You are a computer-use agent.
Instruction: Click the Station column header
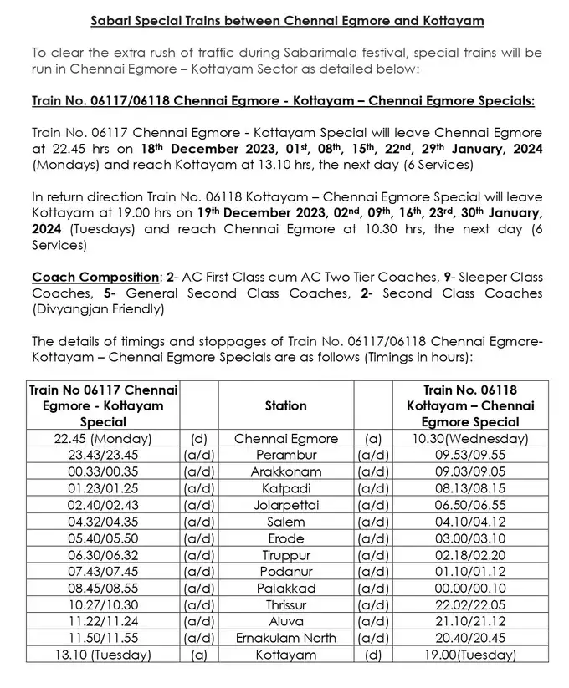pyautogui.click(x=285, y=405)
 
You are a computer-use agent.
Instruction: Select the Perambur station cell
pyautogui.click(x=285, y=456)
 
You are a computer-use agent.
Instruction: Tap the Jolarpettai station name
pyautogui.click(x=285, y=506)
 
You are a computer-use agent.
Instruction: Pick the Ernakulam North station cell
pyautogui.click(x=285, y=639)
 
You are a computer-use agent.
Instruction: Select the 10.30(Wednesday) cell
pyautogui.click(x=470, y=439)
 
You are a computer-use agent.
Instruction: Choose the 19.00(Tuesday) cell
pyautogui.click(x=470, y=655)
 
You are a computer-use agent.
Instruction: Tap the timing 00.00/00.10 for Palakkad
pyautogui.click(x=470, y=589)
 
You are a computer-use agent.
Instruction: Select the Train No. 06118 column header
pyautogui.click(x=470, y=405)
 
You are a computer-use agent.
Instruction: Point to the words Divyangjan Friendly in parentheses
pyautogui.click(x=98, y=309)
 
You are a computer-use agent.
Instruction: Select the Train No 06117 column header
pyautogui.click(x=103, y=405)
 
